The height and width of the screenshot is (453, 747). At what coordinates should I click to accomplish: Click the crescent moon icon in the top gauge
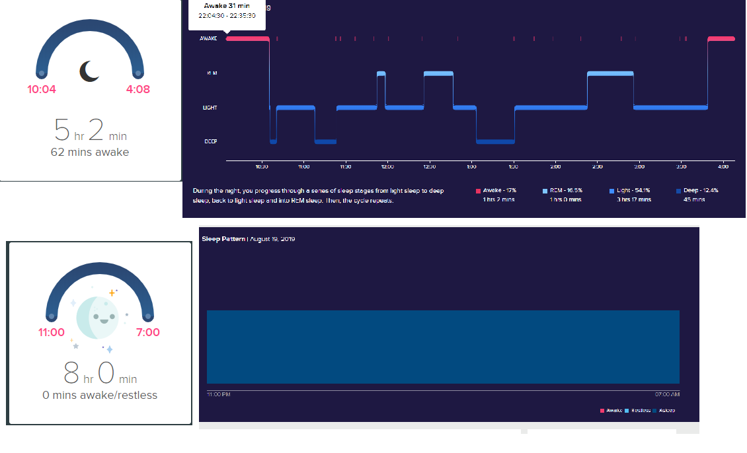[90, 71]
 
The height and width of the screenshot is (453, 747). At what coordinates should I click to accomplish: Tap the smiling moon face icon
[101, 317]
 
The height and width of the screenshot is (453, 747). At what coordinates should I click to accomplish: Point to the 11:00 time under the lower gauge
[52, 332]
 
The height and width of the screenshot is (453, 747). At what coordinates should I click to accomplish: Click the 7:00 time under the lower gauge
[147, 332]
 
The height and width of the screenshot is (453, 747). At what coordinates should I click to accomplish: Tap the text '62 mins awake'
[90, 153]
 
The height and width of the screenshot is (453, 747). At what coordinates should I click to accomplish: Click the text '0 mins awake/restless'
[100, 396]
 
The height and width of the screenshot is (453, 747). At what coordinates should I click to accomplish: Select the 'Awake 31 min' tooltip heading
[227, 6]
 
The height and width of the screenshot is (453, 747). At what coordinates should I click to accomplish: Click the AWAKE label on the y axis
[208, 39]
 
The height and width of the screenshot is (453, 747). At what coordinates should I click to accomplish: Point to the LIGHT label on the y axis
[210, 107]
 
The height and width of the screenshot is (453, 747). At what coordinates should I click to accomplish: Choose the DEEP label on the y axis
[210, 141]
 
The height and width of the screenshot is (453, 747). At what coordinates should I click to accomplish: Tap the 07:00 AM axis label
[667, 394]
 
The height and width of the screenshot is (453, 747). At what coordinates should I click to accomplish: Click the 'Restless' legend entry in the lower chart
[640, 411]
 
